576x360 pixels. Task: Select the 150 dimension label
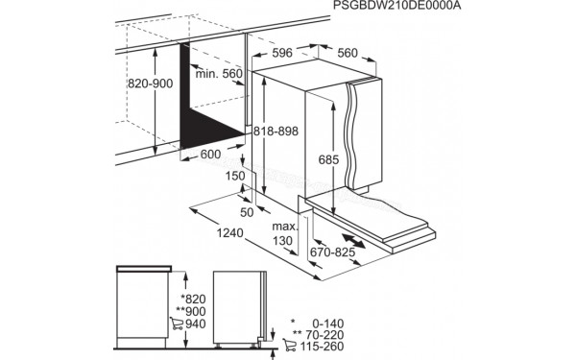235,176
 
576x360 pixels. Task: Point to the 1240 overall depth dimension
228,233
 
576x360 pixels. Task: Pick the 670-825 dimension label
332,253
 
